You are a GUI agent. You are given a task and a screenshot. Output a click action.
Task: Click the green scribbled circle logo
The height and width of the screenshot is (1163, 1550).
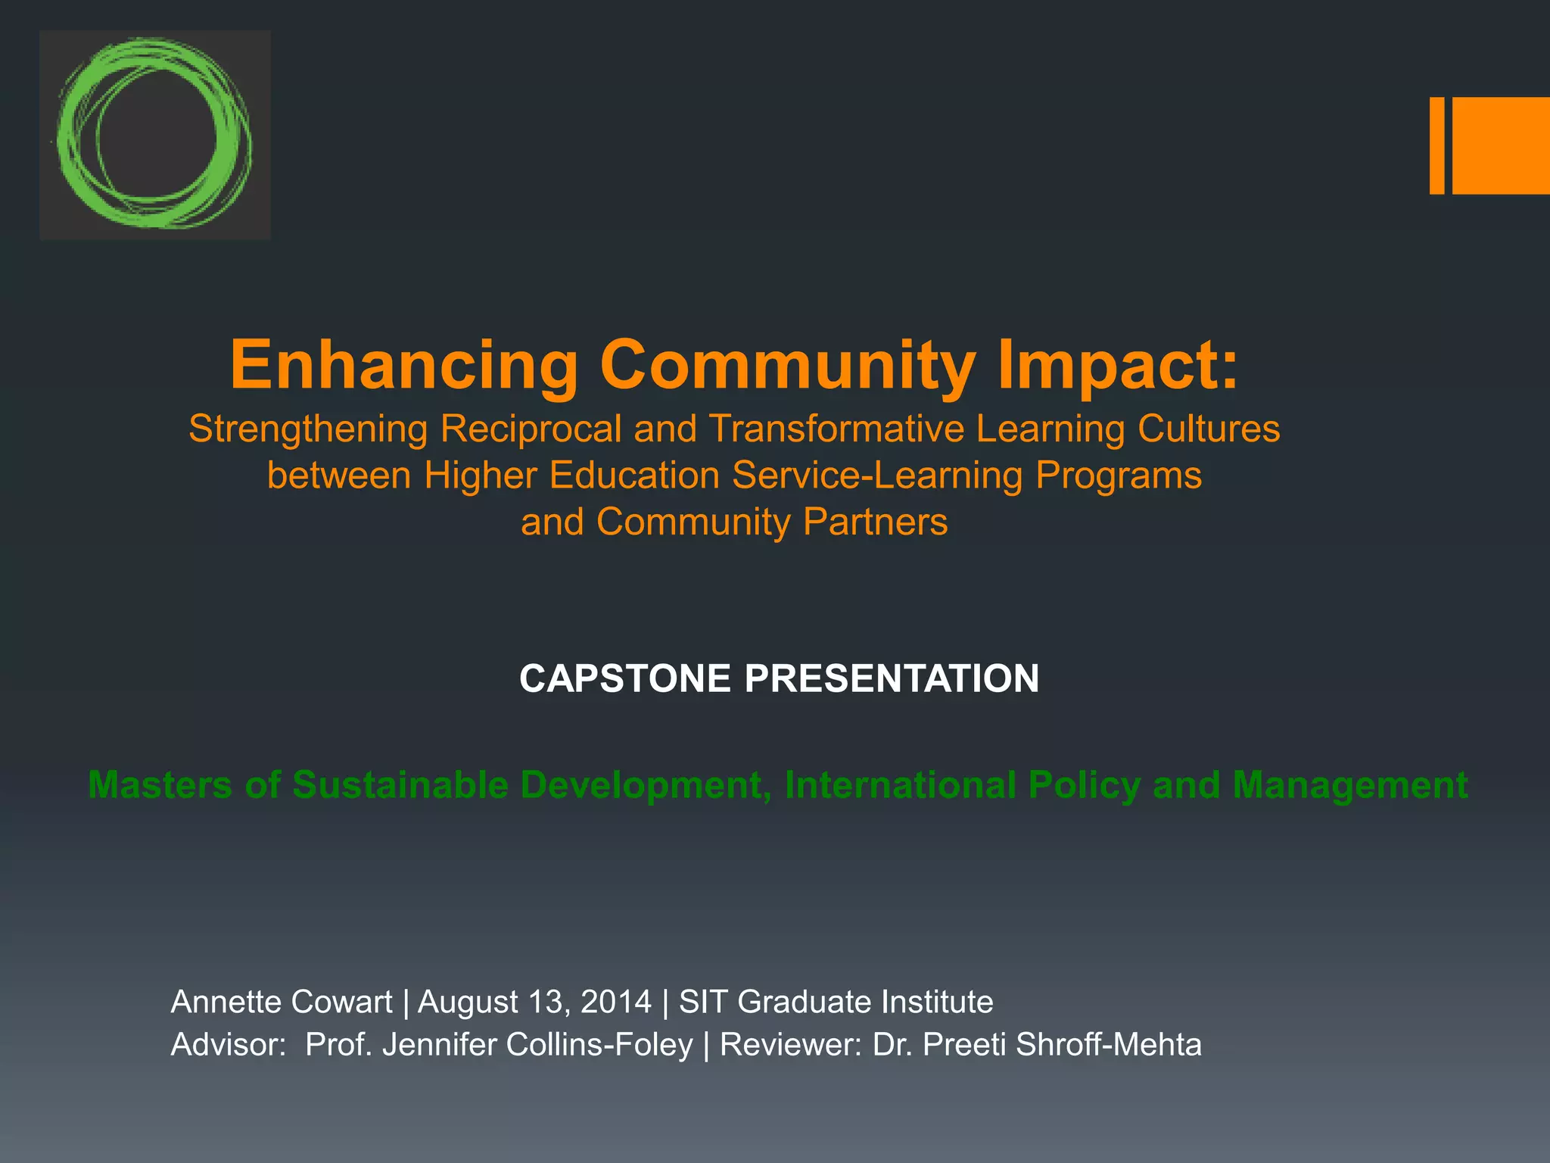pos(154,135)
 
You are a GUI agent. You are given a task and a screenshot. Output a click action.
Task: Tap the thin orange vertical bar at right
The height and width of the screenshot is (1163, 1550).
pos(1436,145)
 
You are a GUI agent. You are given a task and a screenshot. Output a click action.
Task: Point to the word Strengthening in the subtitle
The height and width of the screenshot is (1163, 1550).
pos(308,429)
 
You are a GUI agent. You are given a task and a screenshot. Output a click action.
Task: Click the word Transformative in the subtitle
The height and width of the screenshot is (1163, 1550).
pos(836,429)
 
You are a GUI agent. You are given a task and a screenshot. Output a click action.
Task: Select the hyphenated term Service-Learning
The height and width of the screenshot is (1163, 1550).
pos(877,475)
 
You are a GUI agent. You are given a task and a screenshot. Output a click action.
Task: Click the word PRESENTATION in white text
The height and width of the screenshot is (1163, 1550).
pos(892,678)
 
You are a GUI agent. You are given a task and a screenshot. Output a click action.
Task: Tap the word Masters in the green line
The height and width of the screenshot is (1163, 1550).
pos(160,784)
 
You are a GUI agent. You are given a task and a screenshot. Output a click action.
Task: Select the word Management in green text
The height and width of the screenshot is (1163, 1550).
pos(1350,784)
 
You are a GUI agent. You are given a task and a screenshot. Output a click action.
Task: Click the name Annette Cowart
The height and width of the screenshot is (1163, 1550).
pos(282,1002)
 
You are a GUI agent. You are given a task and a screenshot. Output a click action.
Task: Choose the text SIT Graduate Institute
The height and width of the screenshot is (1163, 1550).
pos(836,1002)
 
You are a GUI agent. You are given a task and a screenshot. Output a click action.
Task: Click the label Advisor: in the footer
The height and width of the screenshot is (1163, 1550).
pos(228,1045)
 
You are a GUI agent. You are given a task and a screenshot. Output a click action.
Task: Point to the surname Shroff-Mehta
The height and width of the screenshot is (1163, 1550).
pos(1108,1045)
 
